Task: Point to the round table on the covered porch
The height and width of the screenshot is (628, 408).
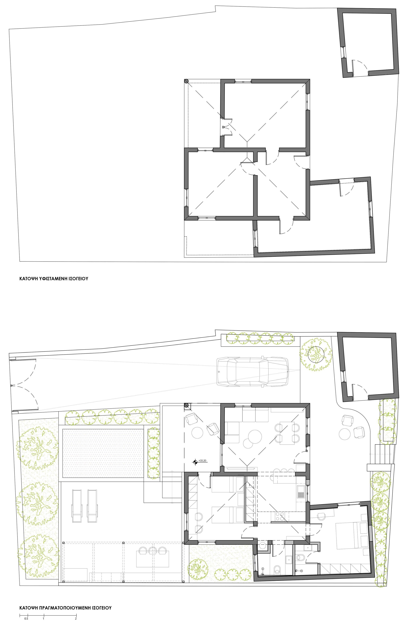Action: (x=197, y=433)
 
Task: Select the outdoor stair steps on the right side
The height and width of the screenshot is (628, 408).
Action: (x=384, y=454)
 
